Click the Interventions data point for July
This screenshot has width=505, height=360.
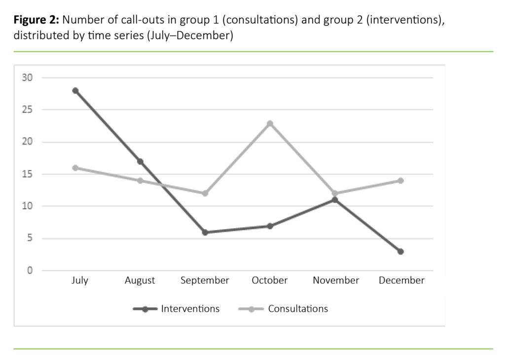pyautogui.click(x=75, y=91)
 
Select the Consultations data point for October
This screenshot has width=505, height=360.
pyautogui.click(x=270, y=123)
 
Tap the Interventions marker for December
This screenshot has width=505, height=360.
pyautogui.click(x=400, y=252)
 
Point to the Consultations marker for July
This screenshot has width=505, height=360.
pyautogui.click(x=75, y=168)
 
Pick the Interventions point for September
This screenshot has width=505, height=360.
pyautogui.click(x=205, y=232)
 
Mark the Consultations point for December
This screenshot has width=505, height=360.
pyautogui.click(x=400, y=180)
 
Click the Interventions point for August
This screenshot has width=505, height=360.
pyautogui.click(x=141, y=161)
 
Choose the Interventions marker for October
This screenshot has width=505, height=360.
pyautogui.click(x=270, y=226)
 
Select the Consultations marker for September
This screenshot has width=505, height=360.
pyautogui.click(x=205, y=193)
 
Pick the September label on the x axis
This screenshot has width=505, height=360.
pyautogui.click(x=205, y=281)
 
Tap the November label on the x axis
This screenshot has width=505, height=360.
pyautogui.click(x=336, y=281)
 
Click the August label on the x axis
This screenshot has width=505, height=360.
pyautogui.click(x=140, y=281)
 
